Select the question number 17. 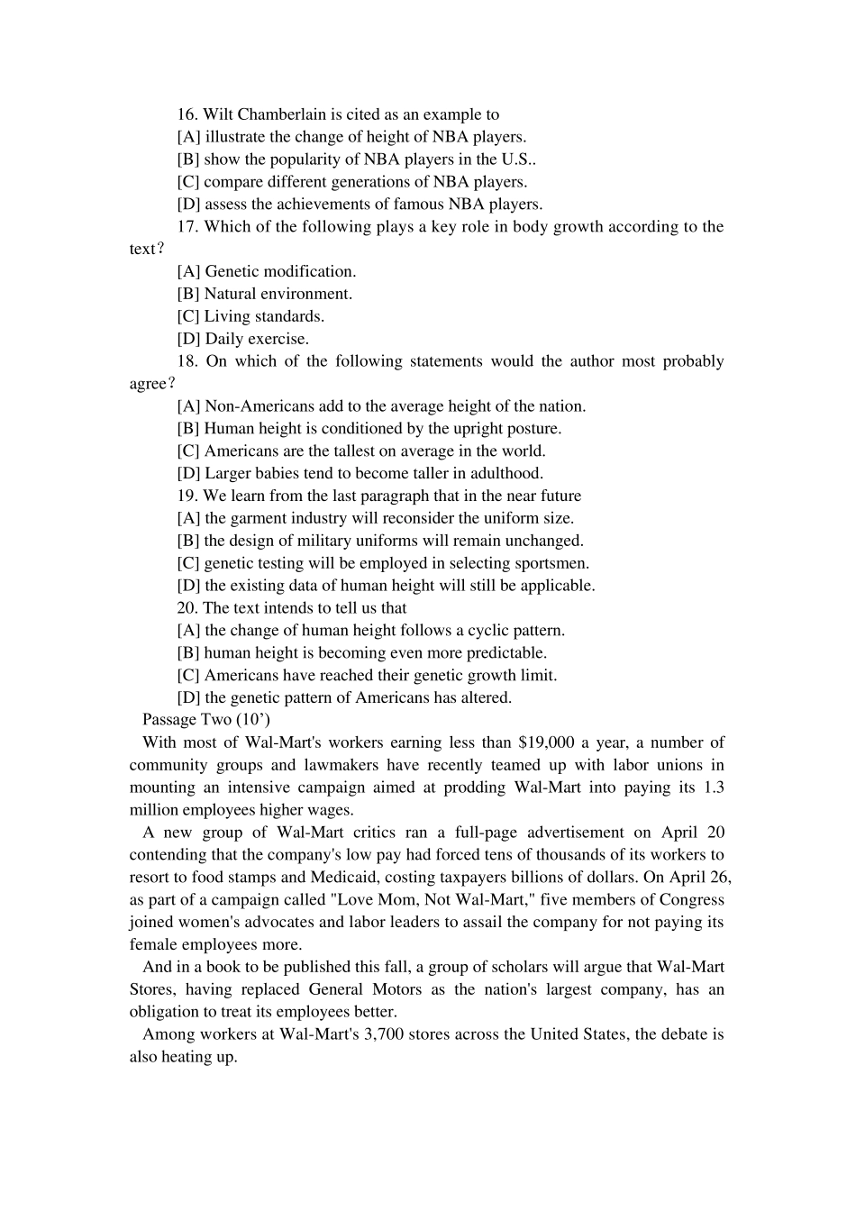click(187, 226)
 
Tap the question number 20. click(187, 608)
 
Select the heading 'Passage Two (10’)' click(206, 719)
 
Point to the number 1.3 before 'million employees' click(713, 788)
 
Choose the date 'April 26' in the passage click(700, 878)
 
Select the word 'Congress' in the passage click(691, 899)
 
